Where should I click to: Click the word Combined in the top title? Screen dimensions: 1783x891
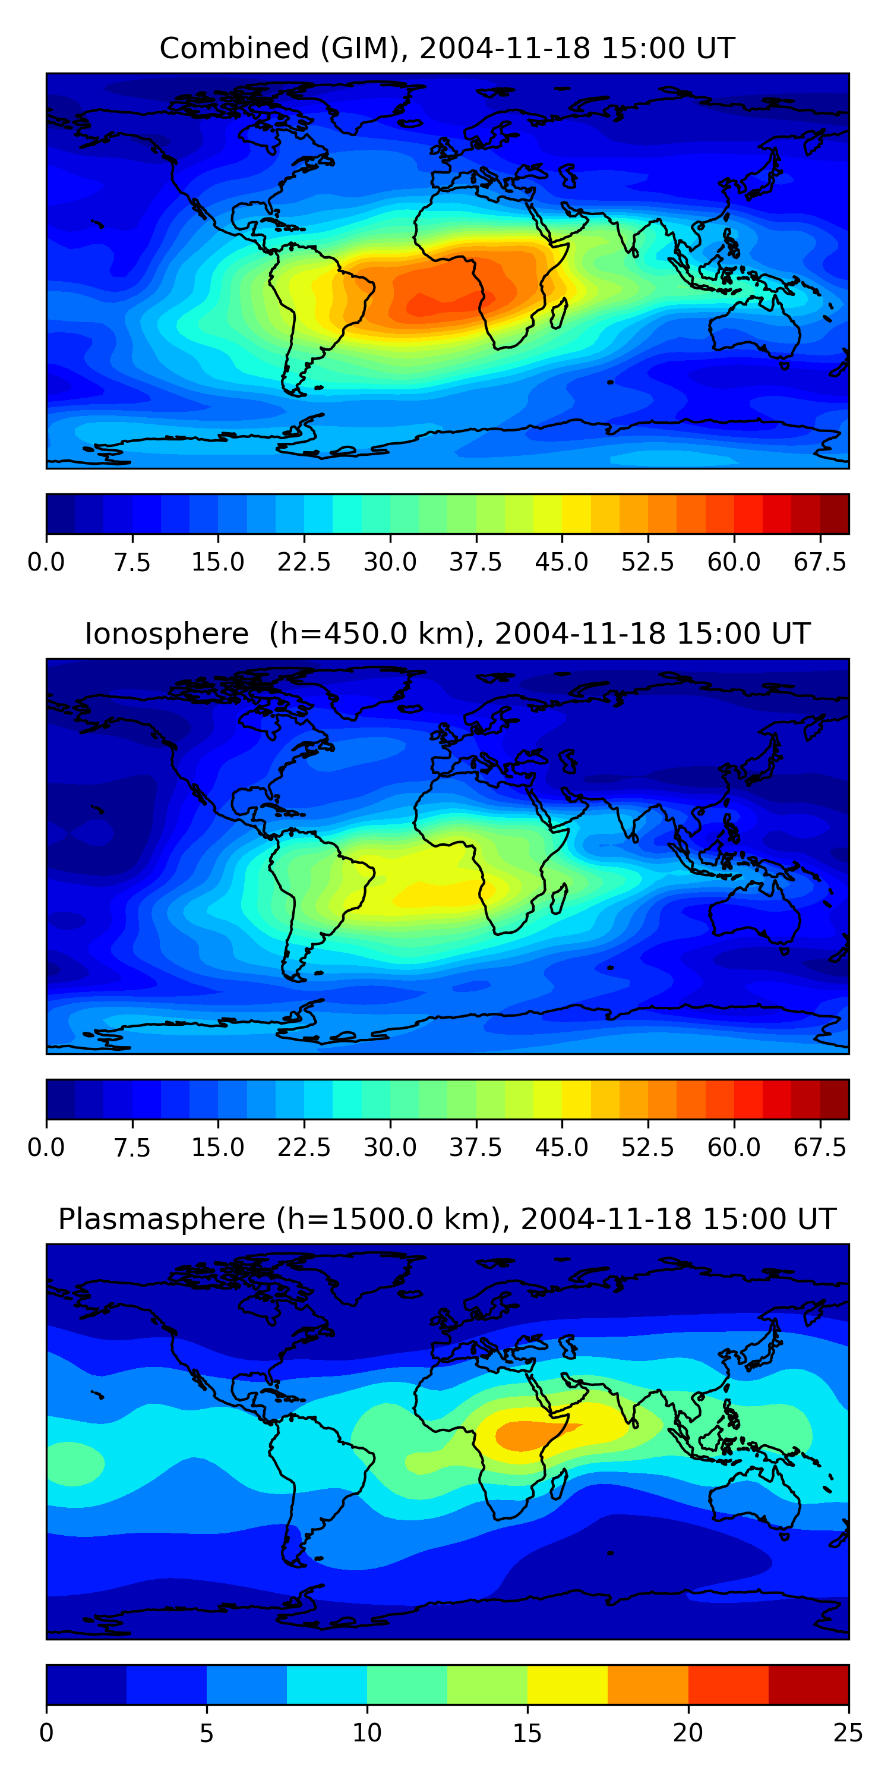tap(234, 49)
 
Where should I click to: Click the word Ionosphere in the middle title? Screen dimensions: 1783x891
tap(166, 634)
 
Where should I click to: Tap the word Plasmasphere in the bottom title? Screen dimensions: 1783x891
tap(161, 1219)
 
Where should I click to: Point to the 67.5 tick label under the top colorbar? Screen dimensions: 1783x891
tap(820, 562)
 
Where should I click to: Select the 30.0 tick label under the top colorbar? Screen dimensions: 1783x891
tap(390, 562)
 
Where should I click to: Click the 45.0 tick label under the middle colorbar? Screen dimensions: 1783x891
tap(562, 1148)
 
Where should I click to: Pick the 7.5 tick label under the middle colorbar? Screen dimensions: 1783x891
tap(132, 1148)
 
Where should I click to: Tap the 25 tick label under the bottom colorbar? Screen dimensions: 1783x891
tap(848, 1733)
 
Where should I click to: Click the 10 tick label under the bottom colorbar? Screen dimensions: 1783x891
tap(366, 1733)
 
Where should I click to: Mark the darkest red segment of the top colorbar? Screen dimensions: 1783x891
tap(835, 514)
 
